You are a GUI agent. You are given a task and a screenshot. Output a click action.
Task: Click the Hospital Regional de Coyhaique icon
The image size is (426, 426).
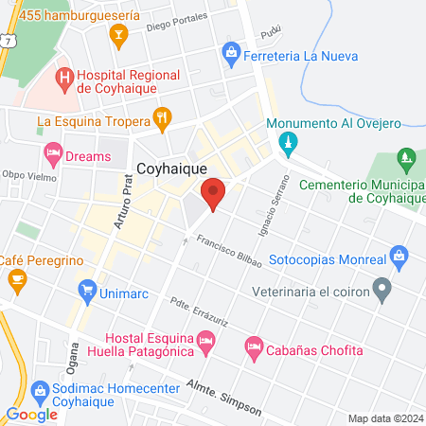[x=64, y=76]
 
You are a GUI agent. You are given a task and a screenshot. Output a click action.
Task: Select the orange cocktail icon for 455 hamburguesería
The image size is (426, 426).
[x=118, y=37]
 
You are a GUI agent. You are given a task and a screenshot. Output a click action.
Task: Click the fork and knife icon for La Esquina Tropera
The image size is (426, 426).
[x=163, y=120]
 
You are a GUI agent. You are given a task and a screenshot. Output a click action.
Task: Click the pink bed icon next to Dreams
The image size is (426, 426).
[x=53, y=152]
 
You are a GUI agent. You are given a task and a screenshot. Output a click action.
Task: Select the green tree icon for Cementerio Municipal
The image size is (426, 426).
[x=407, y=157]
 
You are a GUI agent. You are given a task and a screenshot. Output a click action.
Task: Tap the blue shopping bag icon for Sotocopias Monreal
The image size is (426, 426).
[x=399, y=256]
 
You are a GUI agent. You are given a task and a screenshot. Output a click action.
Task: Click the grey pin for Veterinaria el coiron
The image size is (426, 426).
[x=382, y=287]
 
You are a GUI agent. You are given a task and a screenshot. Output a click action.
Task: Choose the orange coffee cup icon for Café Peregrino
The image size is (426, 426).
[x=16, y=279]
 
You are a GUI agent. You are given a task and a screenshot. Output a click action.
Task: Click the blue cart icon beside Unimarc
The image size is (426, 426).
[x=88, y=290]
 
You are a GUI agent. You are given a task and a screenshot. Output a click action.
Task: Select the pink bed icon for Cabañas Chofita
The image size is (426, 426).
[x=253, y=349]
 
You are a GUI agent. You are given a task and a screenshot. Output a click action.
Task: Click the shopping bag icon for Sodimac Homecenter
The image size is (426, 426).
[x=40, y=390]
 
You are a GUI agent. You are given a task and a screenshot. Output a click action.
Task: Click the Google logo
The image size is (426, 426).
[x=31, y=415]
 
